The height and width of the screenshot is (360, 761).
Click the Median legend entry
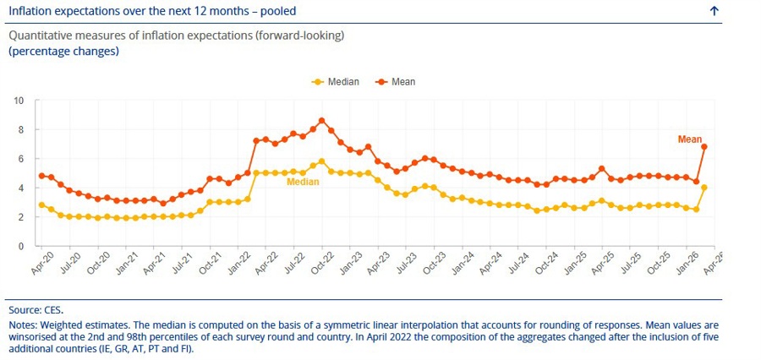pos(336,82)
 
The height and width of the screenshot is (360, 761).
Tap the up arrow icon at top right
pos(714,11)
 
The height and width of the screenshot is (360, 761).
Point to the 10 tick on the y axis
pos(19,101)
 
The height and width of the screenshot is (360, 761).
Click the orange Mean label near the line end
pos(690,139)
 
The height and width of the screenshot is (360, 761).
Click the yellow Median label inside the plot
pos(303,182)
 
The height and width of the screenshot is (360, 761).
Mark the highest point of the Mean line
pos(321,121)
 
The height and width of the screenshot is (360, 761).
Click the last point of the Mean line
pos(704,146)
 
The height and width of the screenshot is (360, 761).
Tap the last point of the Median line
pos(704,188)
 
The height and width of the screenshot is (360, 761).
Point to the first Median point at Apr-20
pos(41,205)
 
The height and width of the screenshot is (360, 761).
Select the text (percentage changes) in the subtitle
pos(63,51)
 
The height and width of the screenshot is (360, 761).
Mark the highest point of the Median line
pos(321,161)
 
